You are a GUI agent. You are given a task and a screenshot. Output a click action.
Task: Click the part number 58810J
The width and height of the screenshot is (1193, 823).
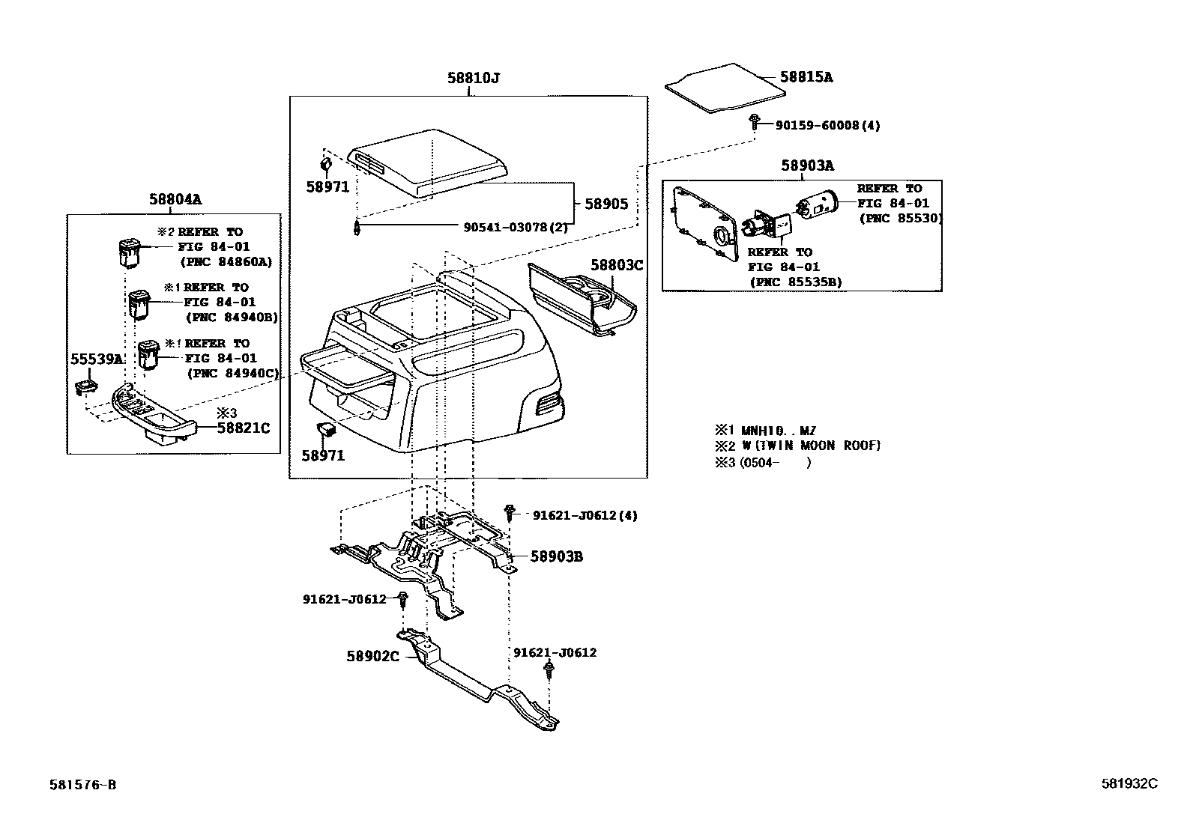point(473,77)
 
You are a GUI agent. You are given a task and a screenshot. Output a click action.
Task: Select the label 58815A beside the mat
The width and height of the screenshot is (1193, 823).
point(806,76)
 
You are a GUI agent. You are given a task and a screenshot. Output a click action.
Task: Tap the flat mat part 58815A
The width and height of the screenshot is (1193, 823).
point(724,88)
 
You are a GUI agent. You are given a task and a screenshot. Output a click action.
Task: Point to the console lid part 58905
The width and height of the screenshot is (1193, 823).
point(427,163)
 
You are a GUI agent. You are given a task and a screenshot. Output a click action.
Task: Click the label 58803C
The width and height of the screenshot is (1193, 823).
point(617,265)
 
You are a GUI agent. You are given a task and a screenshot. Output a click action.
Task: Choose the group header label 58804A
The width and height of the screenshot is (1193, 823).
point(175,199)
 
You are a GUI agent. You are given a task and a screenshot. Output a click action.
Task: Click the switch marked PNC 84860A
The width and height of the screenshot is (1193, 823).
point(129,252)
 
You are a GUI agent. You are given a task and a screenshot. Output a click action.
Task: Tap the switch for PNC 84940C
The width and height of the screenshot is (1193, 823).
point(148,354)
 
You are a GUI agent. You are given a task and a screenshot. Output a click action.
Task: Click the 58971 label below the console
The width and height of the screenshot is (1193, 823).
point(323,455)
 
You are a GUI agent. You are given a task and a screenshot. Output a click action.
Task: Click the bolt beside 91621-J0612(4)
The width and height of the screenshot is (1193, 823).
point(510,513)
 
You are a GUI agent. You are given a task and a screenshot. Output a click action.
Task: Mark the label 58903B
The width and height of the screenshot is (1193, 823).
point(556,556)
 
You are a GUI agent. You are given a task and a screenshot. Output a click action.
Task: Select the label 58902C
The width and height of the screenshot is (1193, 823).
point(372,656)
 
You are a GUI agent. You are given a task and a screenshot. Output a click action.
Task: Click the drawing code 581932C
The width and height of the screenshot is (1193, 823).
point(1129,783)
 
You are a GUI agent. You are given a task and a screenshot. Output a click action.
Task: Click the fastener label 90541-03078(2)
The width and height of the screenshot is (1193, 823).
point(516,227)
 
